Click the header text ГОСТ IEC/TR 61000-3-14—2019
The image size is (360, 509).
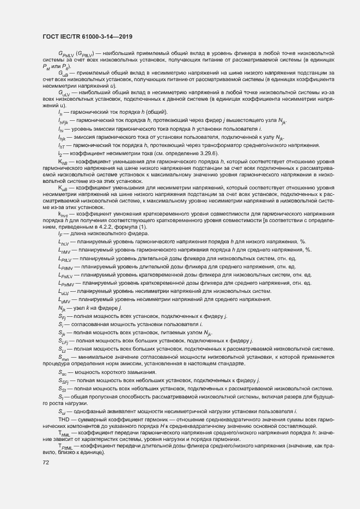click(x=88, y=38)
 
